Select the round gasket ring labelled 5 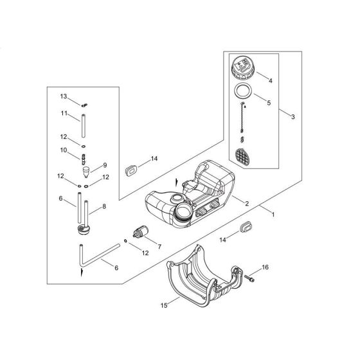tap(242, 93)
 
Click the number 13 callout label tap(64, 96)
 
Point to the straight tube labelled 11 tap(84, 122)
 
